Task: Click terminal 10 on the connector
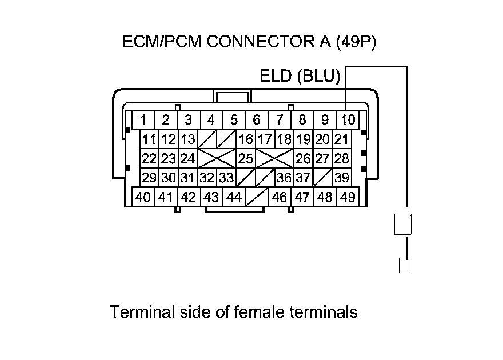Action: [348, 120]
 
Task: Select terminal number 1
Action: [143, 120]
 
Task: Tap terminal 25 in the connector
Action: [246, 158]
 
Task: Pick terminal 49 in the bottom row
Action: [348, 197]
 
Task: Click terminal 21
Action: [341, 139]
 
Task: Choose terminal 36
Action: [284, 178]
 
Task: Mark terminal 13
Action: [188, 139]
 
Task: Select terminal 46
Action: [280, 197]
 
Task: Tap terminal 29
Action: [149, 178]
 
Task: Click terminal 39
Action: [342, 178]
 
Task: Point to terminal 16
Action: [246, 139]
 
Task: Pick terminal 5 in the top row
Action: [234, 120]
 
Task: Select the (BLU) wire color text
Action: [318, 76]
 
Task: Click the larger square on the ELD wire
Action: [403, 225]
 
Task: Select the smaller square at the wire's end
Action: [404, 266]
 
